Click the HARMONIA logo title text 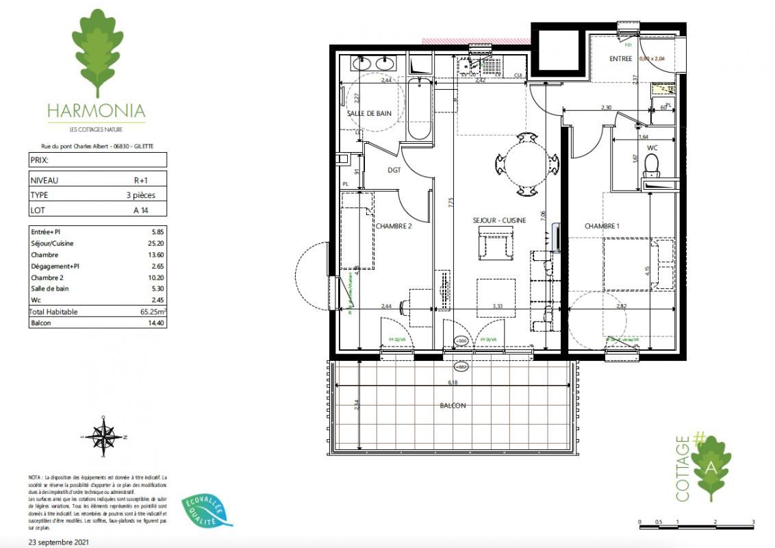tap(96, 110)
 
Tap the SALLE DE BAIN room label tap(369, 114)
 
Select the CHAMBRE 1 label tap(603, 226)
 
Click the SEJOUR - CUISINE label tap(499, 221)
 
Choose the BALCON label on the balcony tap(453, 406)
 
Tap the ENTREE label tap(620, 59)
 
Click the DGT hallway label tap(393, 171)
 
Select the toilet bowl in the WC tap(652, 163)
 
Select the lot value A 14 tap(141, 211)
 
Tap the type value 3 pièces tap(140, 195)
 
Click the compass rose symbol tap(103, 434)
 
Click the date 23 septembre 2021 tap(59, 542)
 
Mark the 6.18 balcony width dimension tap(452, 383)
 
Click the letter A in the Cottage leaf tap(711, 468)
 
